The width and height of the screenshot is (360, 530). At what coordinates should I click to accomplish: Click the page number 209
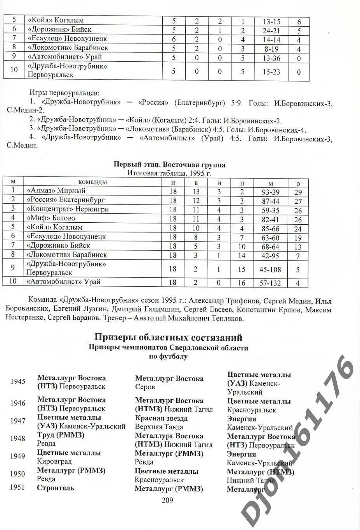click(167, 500)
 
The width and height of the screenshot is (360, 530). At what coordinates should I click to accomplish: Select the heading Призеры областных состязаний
click(168, 337)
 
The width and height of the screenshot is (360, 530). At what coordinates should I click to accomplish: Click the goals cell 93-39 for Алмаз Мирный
click(270, 192)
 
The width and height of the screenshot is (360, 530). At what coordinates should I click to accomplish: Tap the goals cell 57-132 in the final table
click(270, 283)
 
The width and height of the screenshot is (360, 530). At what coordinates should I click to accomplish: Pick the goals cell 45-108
click(270, 269)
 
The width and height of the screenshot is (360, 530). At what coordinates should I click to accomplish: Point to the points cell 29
click(298, 192)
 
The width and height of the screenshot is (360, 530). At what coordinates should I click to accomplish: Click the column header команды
click(92, 182)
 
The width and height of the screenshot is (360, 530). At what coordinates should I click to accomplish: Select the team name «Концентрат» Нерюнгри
click(68, 209)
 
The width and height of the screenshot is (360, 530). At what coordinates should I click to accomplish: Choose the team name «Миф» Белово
click(51, 218)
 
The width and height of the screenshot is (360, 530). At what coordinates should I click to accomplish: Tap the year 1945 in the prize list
click(18, 381)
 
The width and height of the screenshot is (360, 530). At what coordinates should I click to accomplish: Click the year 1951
click(18, 488)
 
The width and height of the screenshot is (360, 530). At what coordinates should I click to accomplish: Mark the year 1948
click(18, 438)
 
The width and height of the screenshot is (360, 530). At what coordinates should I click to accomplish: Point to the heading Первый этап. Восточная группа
click(169, 165)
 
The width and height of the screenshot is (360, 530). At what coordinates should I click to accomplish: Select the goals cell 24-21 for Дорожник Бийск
click(271, 30)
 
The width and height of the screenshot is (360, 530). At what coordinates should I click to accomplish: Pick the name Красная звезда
click(161, 418)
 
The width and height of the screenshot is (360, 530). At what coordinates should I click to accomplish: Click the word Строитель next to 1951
click(55, 488)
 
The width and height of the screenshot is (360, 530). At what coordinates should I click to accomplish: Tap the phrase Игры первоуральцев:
click(64, 93)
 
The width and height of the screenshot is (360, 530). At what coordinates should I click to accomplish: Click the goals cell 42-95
click(270, 255)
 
